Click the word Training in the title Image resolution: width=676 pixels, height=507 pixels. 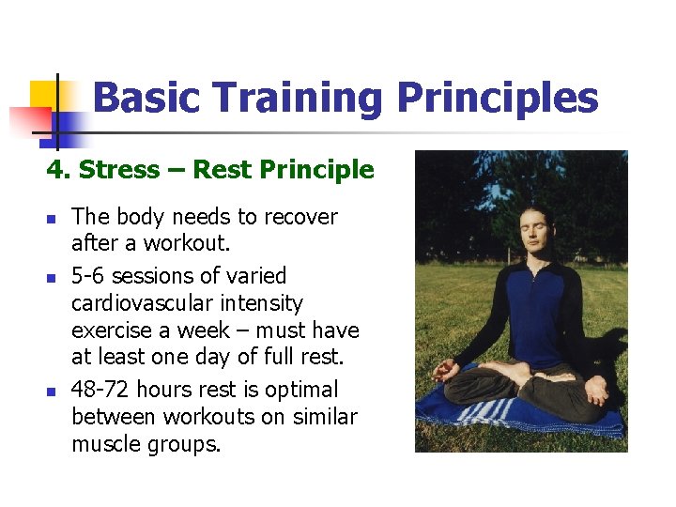[x=299, y=98]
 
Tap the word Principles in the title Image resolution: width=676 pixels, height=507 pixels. [x=498, y=98]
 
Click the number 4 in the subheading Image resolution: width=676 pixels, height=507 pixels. [x=54, y=170]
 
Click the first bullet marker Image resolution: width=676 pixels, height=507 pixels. [x=53, y=219]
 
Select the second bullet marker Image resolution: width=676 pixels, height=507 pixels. [x=53, y=278]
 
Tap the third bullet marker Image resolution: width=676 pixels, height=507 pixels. [x=53, y=392]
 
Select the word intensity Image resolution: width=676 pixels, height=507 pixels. [x=258, y=303]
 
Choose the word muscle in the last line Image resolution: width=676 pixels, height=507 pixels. [x=106, y=444]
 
